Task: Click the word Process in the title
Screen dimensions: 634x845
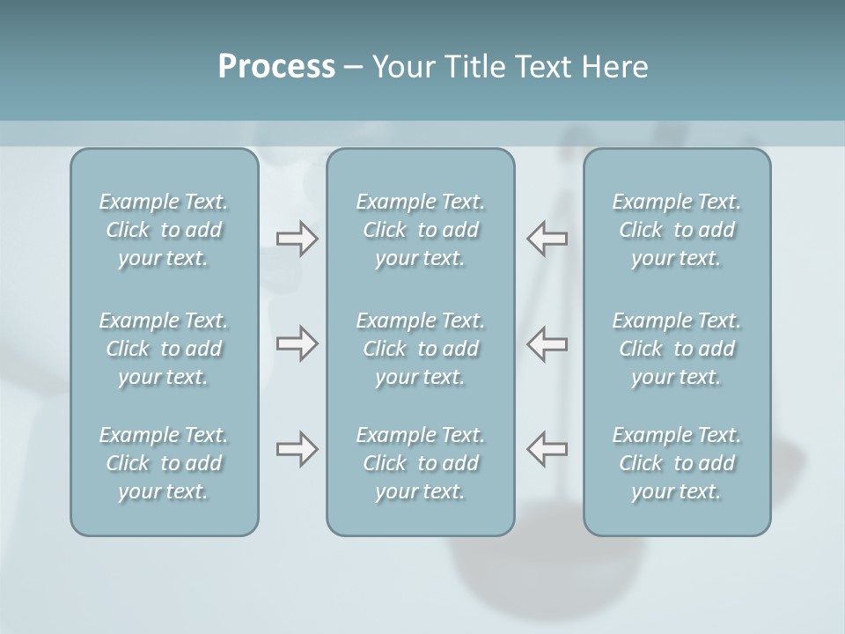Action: [276, 67]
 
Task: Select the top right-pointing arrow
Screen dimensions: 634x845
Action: [297, 239]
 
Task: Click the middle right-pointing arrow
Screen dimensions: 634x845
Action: [297, 343]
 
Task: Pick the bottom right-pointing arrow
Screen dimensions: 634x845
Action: [297, 449]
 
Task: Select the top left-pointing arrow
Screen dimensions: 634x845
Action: [547, 239]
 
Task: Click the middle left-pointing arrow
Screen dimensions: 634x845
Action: [547, 343]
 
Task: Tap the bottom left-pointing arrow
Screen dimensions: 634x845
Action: [547, 449]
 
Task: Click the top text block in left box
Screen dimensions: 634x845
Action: [164, 230]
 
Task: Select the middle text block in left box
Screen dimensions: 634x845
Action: [164, 349]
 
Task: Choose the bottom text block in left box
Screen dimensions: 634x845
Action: [164, 463]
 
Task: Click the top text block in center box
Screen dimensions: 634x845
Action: [421, 230]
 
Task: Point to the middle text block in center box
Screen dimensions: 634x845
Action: [421, 349]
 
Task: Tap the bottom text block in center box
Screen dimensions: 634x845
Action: [421, 463]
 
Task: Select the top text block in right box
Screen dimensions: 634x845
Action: [677, 230]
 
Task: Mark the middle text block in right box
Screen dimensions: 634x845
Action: [677, 349]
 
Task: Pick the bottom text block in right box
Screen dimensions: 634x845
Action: [677, 463]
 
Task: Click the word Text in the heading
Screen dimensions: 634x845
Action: [546, 67]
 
